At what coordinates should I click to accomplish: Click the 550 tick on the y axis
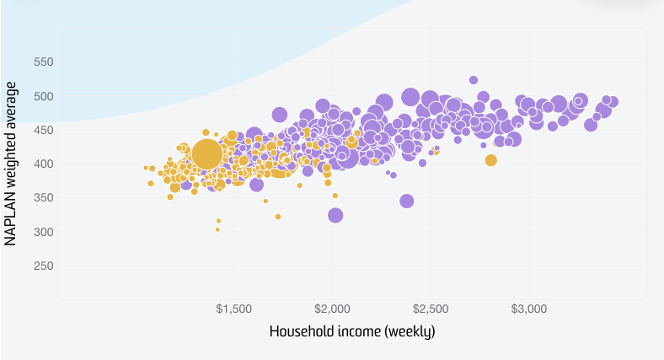(x=41, y=62)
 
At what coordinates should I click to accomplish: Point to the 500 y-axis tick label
(x=41, y=96)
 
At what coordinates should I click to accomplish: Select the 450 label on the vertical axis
(x=41, y=130)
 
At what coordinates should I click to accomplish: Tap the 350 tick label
(x=41, y=198)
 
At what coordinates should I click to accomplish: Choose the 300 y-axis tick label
(x=41, y=232)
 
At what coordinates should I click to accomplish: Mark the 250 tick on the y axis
(x=41, y=266)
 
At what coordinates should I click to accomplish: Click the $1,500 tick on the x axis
(x=234, y=309)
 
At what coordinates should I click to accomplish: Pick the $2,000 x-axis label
(x=333, y=309)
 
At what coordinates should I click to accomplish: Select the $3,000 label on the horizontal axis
(x=530, y=309)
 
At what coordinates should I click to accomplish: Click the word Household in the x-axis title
(x=299, y=331)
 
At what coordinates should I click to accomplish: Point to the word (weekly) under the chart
(x=410, y=331)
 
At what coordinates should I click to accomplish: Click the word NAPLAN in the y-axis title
(x=11, y=218)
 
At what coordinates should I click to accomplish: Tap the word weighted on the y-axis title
(x=11, y=155)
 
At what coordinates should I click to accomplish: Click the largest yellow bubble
(x=207, y=154)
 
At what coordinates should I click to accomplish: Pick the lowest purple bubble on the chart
(x=335, y=215)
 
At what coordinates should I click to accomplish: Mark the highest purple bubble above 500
(x=474, y=80)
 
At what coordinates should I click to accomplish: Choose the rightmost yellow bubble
(x=491, y=160)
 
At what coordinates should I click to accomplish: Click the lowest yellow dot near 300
(x=217, y=229)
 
